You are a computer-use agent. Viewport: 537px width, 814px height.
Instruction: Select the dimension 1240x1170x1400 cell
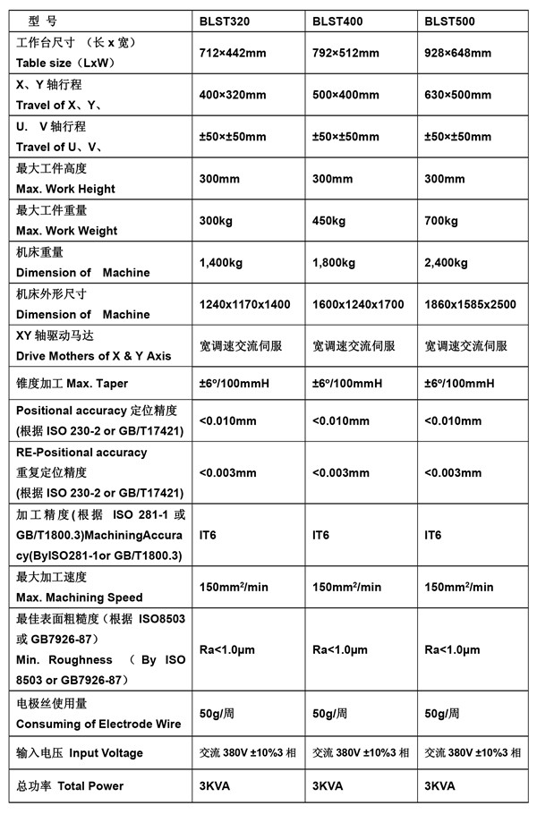[x=244, y=305]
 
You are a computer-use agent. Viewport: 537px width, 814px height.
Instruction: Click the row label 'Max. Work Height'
[x=65, y=189]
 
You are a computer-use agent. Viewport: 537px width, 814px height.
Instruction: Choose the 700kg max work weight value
[x=441, y=221]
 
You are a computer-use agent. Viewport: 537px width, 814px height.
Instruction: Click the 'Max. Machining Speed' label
[x=79, y=597]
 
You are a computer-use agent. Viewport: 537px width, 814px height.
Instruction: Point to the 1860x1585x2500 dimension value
[x=470, y=305]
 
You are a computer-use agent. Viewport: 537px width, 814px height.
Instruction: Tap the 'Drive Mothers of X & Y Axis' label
[x=93, y=356]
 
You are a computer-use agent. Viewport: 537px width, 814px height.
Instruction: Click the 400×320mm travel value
[x=233, y=94]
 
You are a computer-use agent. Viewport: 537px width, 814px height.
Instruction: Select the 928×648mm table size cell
[x=459, y=53]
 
